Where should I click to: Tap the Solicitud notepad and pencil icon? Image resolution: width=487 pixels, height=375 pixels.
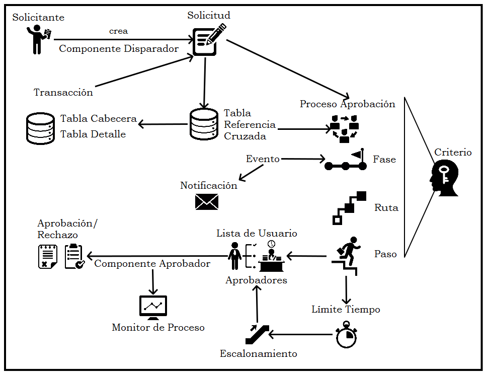point(207,40)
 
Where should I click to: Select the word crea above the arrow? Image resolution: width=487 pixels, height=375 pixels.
point(118,31)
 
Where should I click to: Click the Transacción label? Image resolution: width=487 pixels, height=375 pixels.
point(63,93)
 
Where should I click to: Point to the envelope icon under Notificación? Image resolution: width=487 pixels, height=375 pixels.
point(207,202)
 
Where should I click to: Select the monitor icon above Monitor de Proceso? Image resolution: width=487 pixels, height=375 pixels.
point(153,308)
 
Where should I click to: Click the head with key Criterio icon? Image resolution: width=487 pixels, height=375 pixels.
point(444,179)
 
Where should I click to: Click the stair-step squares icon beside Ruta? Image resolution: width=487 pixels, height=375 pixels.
point(349,207)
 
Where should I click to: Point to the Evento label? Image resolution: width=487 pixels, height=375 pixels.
point(263,159)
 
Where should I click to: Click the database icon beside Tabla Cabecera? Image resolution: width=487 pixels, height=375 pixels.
point(41,128)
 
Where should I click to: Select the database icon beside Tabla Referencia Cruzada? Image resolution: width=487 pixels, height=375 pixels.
point(204,124)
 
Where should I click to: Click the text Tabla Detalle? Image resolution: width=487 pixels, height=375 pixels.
point(93,134)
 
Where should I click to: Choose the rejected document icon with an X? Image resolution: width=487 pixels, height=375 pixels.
point(48,256)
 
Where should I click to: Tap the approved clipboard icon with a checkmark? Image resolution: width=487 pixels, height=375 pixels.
point(74,256)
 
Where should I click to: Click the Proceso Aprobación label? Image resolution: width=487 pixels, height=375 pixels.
point(347,104)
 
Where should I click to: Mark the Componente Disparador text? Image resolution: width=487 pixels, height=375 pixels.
point(119,49)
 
